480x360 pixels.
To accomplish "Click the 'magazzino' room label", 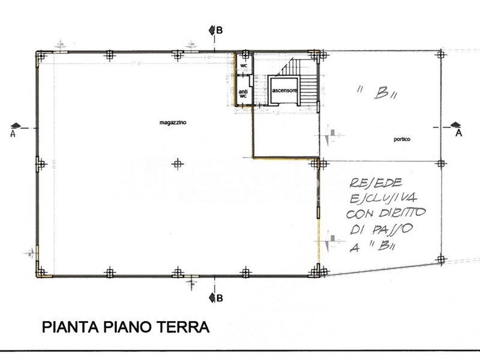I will [x=173, y=122].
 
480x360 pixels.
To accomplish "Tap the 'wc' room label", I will [x=244, y=65].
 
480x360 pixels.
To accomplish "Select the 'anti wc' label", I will [x=243, y=94].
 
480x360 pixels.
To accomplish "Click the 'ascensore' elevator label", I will [x=284, y=90].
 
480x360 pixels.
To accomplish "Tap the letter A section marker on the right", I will [x=459, y=133].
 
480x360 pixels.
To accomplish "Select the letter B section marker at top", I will [x=220, y=31].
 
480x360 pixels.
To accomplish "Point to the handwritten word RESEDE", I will [x=371, y=183].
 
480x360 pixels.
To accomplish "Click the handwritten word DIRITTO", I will [x=403, y=213].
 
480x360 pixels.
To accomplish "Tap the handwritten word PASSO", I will [x=390, y=229].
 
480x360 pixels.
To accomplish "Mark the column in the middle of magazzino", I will [x=176, y=163].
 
